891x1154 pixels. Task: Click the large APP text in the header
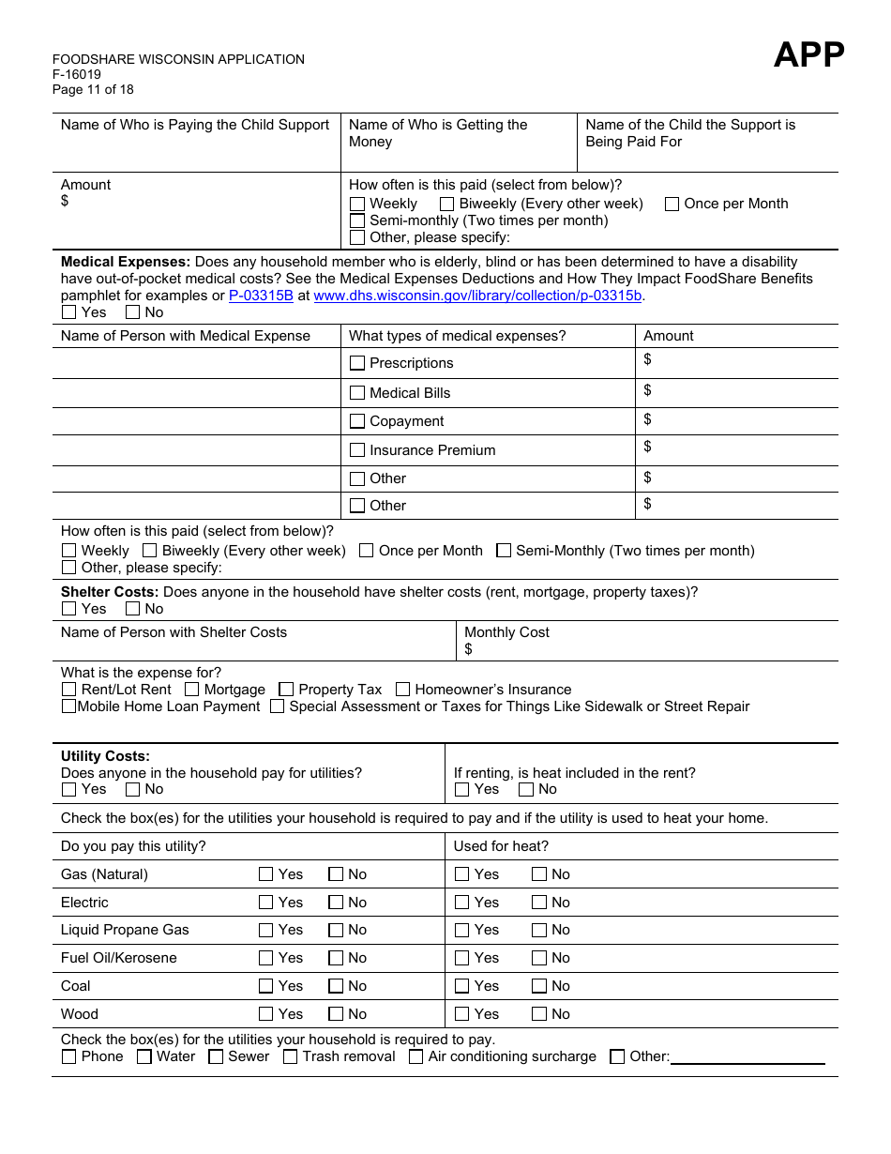click(808, 56)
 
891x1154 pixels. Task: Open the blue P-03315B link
click(261, 296)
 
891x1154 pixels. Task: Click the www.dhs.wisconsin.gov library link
click(477, 296)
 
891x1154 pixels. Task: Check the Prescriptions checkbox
click(357, 363)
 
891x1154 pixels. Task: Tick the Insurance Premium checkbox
click(357, 450)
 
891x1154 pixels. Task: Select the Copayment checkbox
click(357, 421)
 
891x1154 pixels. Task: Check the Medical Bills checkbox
click(357, 393)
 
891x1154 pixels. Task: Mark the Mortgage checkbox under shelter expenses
click(192, 690)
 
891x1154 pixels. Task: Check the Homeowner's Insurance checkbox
click(403, 690)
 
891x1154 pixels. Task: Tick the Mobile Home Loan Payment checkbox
click(68, 706)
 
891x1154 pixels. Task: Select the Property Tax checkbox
click(287, 690)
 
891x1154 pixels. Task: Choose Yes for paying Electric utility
click(266, 903)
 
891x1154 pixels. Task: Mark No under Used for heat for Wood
click(539, 1014)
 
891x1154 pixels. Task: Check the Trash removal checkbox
click(291, 1056)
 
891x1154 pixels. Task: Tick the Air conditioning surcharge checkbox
click(416, 1056)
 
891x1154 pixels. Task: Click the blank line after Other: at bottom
click(748, 1057)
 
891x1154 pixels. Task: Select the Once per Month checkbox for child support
click(672, 204)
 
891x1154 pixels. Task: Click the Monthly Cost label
click(506, 632)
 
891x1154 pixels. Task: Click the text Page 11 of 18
click(93, 90)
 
